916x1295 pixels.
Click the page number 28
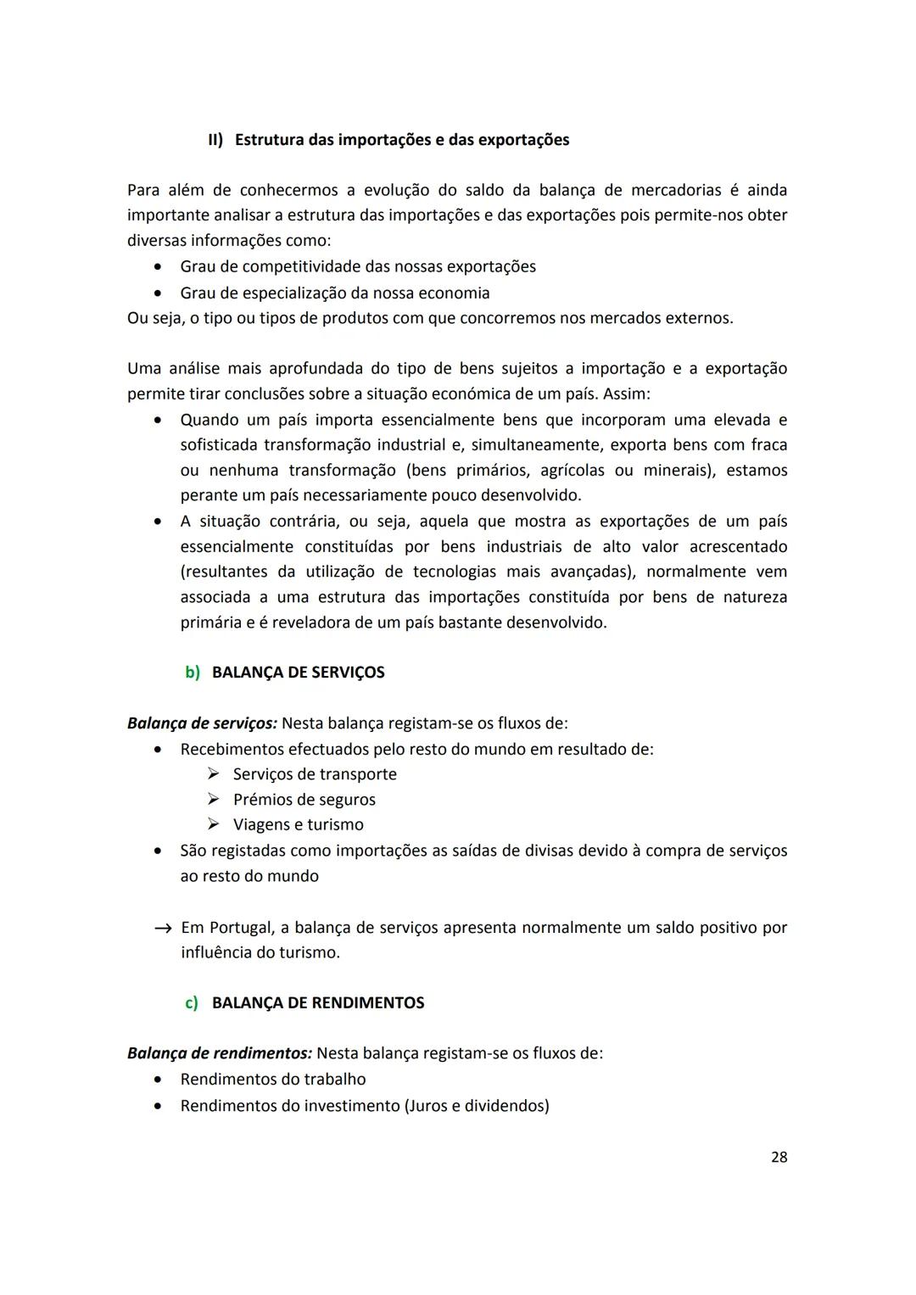point(779,1157)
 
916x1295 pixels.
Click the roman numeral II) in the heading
point(215,140)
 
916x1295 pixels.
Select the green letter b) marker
point(193,673)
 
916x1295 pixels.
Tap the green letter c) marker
point(192,1003)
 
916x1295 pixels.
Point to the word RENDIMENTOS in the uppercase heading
point(368,1003)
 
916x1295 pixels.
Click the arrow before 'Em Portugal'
point(164,929)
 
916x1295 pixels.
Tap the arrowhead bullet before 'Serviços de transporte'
point(214,774)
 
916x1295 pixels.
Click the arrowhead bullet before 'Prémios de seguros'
point(214,800)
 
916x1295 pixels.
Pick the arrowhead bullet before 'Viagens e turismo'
point(214,825)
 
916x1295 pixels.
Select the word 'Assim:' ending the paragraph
point(627,394)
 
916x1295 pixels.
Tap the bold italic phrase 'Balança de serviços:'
point(202,723)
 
